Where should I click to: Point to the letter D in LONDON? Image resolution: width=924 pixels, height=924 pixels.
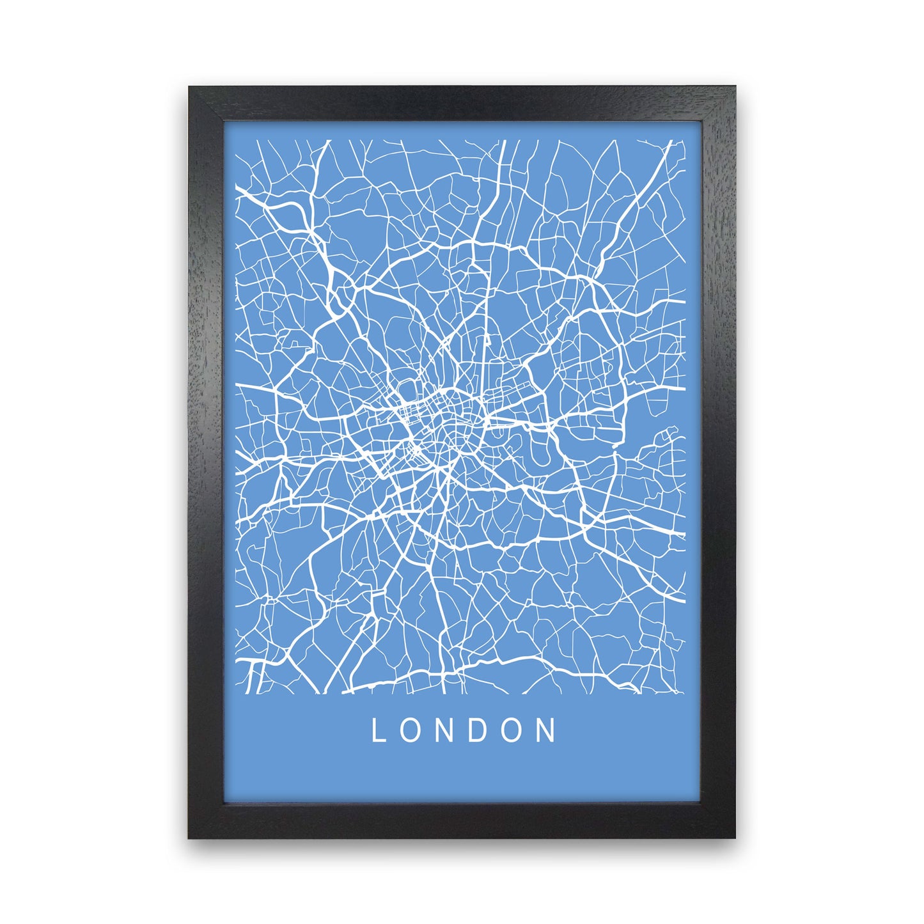(480, 730)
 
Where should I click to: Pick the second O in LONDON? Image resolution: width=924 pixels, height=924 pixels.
(515, 730)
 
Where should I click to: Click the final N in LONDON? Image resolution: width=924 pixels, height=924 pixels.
(549, 730)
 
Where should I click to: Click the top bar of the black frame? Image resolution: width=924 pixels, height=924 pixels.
(462, 102)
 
